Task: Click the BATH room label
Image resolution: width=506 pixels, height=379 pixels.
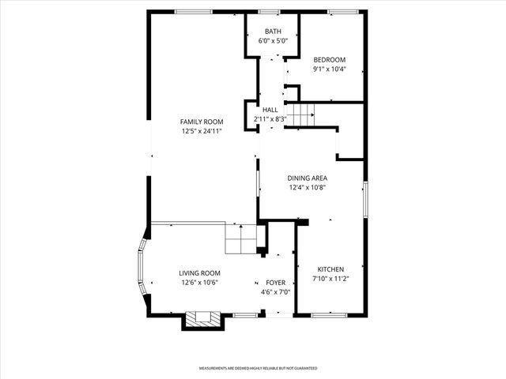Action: coord(272,32)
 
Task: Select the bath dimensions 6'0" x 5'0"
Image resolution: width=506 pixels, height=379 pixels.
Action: coord(272,41)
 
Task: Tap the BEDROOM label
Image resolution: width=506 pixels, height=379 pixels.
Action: coord(329,60)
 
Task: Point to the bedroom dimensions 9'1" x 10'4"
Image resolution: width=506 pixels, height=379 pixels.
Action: coord(329,69)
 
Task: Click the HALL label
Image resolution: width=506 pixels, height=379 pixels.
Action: coord(270,110)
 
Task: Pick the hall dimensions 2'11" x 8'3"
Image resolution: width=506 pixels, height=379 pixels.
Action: coord(270,119)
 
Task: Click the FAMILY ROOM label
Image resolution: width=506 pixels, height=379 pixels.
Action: coord(200,122)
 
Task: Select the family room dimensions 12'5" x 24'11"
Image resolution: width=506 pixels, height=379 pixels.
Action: coord(200,131)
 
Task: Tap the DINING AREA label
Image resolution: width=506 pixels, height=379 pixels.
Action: coord(307,178)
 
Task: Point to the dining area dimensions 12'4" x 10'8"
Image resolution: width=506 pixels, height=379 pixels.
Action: coord(307,187)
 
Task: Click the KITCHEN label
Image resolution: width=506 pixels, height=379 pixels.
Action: coord(330,269)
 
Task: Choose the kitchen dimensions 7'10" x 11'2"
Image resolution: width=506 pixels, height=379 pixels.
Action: coord(330,279)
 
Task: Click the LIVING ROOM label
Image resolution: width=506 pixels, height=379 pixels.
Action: coord(199,272)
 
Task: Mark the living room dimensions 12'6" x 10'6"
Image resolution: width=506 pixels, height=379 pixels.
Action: coord(199,282)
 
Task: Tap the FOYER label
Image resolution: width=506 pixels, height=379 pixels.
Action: coord(276,282)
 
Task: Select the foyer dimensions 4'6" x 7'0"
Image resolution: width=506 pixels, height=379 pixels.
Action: coord(276,291)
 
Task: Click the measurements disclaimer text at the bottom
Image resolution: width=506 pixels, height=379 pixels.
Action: coord(257,368)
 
